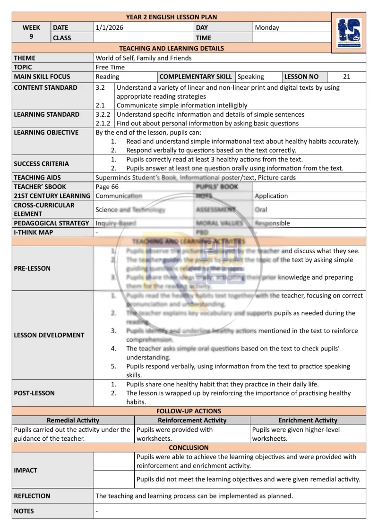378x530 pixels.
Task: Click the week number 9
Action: pyautogui.click(x=31, y=37)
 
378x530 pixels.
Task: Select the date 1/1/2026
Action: pyautogui.click(x=109, y=27)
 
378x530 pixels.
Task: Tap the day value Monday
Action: pyautogui.click(x=267, y=27)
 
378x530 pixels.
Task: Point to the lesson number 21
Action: pyautogui.click(x=347, y=77)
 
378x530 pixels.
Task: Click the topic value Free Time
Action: pyautogui.click(x=110, y=67)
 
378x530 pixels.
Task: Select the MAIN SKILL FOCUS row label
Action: pyautogui.click(x=42, y=77)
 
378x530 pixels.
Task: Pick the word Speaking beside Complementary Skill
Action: pyautogui.click(x=251, y=77)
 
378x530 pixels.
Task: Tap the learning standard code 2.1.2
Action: pyautogui.click(x=103, y=123)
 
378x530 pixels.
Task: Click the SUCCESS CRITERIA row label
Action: pyautogui.click(x=42, y=164)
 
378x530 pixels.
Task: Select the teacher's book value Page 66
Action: pyautogui.click(x=107, y=187)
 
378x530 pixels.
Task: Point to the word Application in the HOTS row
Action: pyautogui.click(x=271, y=196)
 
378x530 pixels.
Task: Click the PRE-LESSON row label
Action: pyautogui.click(x=32, y=268)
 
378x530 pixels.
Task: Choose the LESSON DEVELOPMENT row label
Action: pyautogui.click(x=49, y=335)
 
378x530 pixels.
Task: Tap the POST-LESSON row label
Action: pyautogui.click(x=34, y=393)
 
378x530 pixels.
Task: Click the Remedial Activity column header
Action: pyautogui.click(x=73, y=420)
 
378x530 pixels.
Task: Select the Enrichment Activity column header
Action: pyautogui.click(x=308, y=420)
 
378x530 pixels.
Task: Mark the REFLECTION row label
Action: pyautogui.click(x=32, y=496)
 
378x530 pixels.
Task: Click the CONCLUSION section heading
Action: pyautogui.click(x=189, y=447)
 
